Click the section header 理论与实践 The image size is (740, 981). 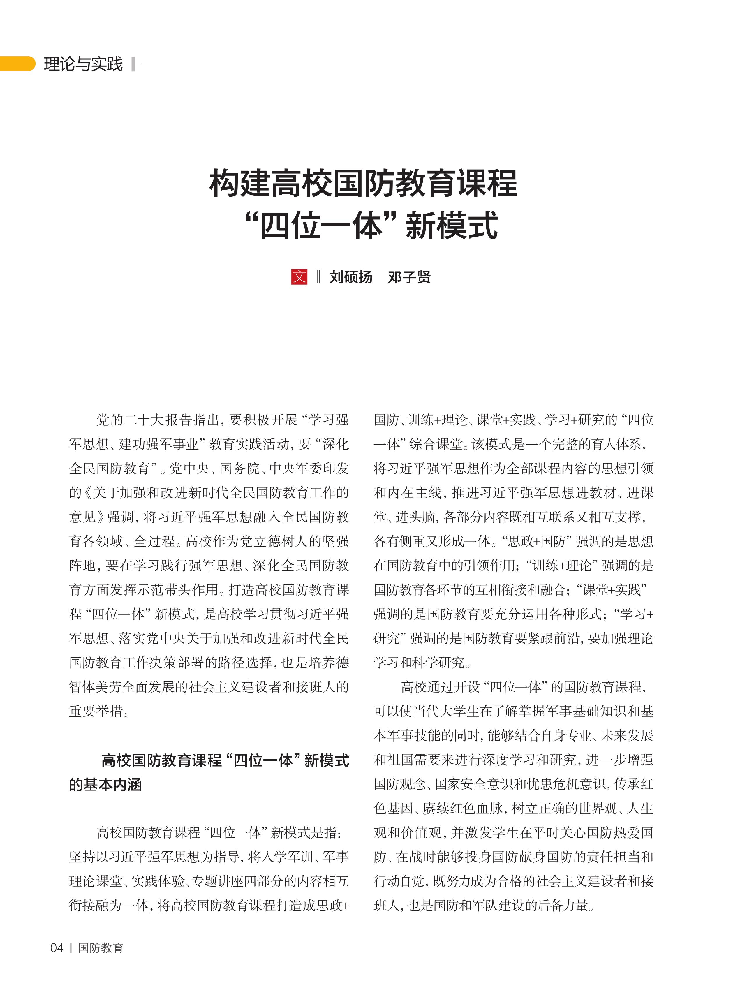click(x=83, y=64)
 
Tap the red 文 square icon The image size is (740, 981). click(x=299, y=277)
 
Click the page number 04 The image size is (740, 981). click(x=57, y=948)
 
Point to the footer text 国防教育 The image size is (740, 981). click(x=101, y=948)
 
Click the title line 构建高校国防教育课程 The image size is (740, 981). click(x=363, y=183)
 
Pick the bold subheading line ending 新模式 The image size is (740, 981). click(x=225, y=760)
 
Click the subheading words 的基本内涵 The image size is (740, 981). click(x=105, y=785)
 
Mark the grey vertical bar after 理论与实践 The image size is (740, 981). click(x=133, y=64)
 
